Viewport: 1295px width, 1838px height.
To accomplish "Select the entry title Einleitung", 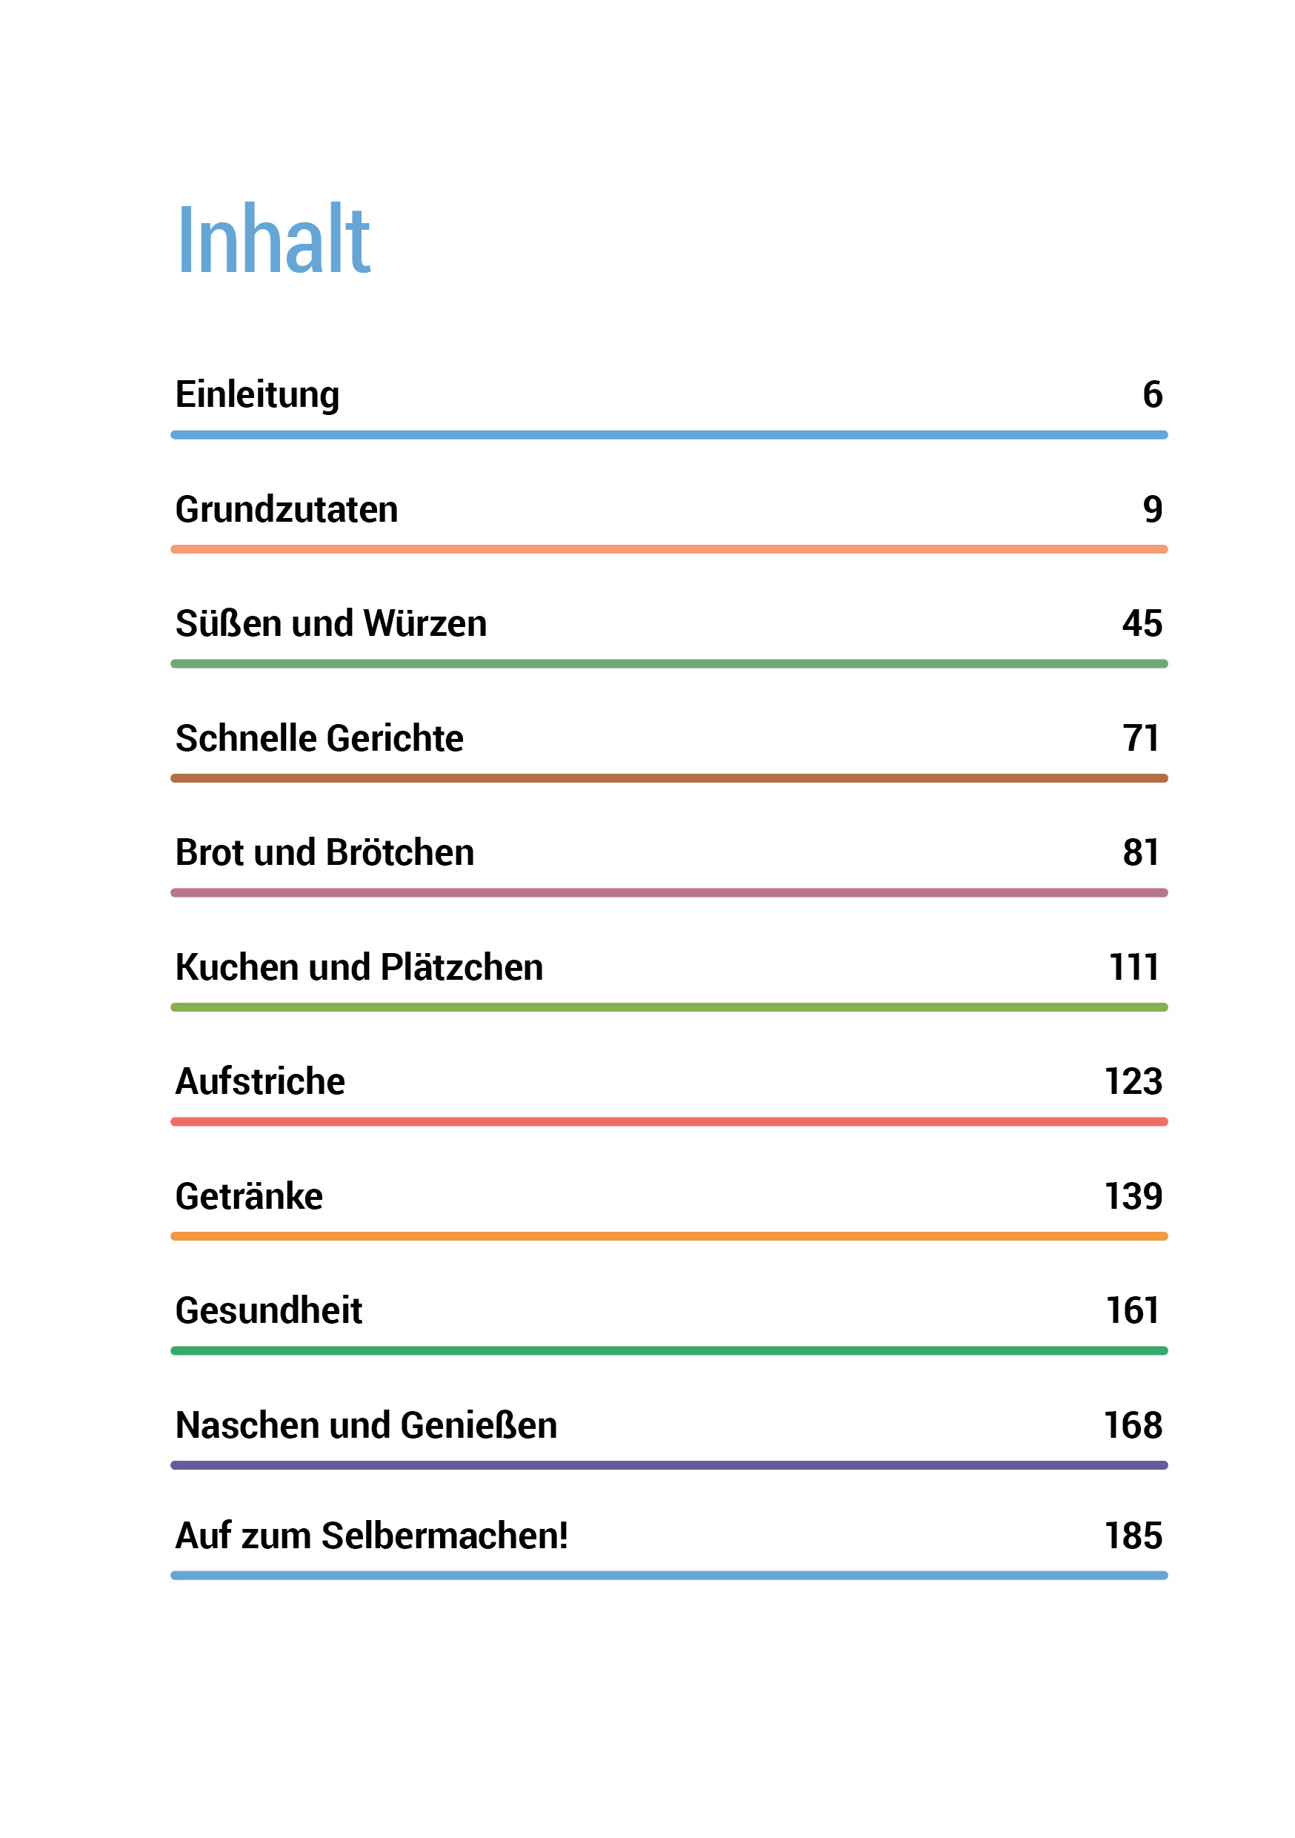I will pyautogui.click(x=257, y=395).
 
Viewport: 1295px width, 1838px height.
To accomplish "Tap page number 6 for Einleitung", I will pyautogui.click(x=1152, y=395).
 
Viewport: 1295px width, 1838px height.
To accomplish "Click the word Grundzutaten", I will pyautogui.click(x=287, y=509).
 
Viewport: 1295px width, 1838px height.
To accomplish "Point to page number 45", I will pyautogui.click(x=1142, y=623).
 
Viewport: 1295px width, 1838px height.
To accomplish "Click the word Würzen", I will pyautogui.click(x=425, y=623).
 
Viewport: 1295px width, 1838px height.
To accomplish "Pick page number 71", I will pyautogui.click(x=1140, y=738).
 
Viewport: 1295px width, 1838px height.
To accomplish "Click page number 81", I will pyautogui.click(x=1140, y=852).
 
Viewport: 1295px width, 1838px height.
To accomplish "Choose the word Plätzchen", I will pyautogui.click(x=462, y=967).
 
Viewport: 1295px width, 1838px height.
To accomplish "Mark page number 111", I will pyautogui.click(x=1133, y=967).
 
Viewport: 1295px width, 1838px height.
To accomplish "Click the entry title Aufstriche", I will pyautogui.click(x=260, y=1081).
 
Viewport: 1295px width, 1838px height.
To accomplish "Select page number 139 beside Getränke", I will pyautogui.click(x=1133, y=1196).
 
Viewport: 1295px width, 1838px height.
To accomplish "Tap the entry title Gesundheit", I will pyautogui.click(x=269, y=1310).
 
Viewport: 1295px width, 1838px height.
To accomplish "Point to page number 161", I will pyautogui.click(x=1133, y=1310).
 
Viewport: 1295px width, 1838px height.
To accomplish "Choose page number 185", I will pyautogui.click(x=1133, y=1536).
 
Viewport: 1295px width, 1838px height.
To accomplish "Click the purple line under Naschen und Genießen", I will pyautogui.click(x=669, y=1465).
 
